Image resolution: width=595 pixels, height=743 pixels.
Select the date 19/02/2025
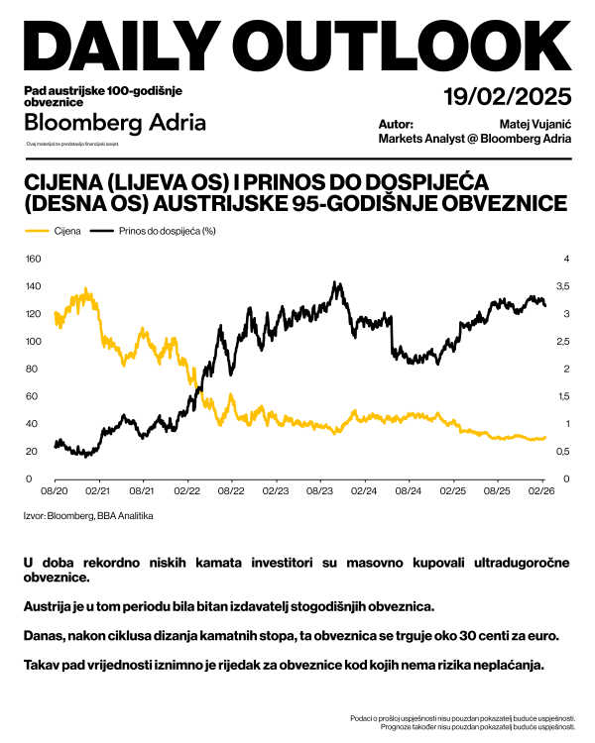[x=508, y=97]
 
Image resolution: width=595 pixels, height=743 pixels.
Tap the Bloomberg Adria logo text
[x=115, y=123]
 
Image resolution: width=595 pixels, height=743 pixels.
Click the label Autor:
[x=396, y=124]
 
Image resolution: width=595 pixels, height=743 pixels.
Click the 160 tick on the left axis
[x=32, y=260]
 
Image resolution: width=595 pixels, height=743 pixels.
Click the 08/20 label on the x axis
[x=54, y=490]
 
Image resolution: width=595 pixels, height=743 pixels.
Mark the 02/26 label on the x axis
[x=541, y=490]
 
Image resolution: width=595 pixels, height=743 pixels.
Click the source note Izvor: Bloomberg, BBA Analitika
[x=88, y=515]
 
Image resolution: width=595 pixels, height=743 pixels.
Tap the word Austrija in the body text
[x=47, y=604]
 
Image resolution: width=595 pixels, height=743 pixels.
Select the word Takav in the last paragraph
[x=44, y=663]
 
